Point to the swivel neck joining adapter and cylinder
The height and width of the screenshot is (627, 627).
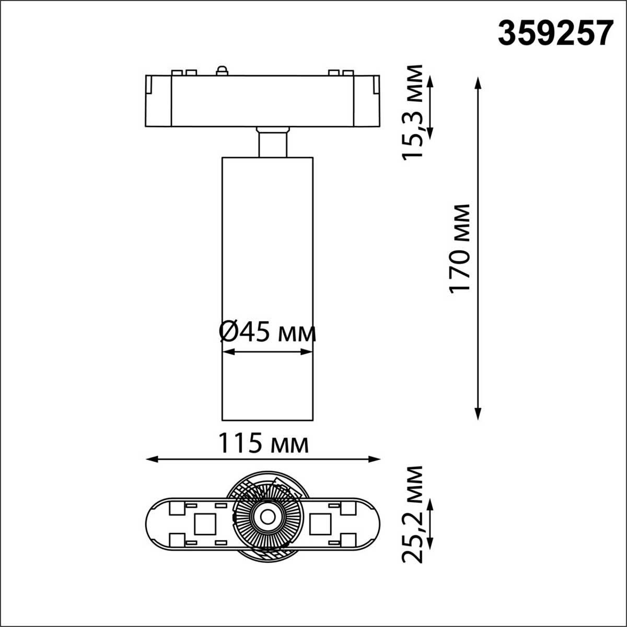272,142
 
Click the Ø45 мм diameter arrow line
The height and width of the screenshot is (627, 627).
268,353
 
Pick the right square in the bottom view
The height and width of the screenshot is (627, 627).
320,523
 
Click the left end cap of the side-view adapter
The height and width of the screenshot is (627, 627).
158,100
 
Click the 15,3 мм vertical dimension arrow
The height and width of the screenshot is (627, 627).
431,107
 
